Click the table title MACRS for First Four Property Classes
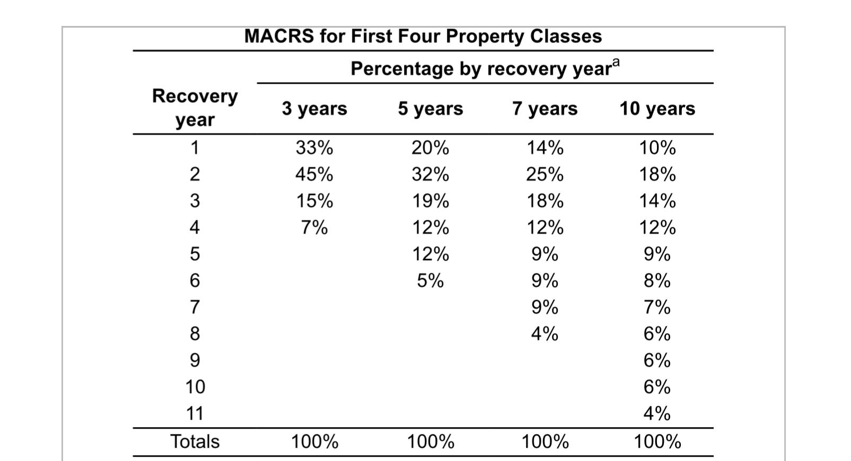pyautogui.click(x=423, y=36)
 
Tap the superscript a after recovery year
pyautogui.click(x=615, y=64)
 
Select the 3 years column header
pyautogui.click(x=314, y=109)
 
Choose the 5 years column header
pyautogui.click(x=430, y=109)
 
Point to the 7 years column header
pyautogui.click(x=545, y=109)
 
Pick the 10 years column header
pyautogui.click(x=657, y=109)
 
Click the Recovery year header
pyautogui.click(x=195, y=108)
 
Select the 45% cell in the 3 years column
pyautogui.click(x=314, y=174)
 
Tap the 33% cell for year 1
pyautogui.click(x=314, y=148)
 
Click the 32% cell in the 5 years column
pyautogui.click(x=430, y=174)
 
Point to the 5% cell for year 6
pyautogui.click(x=430, y=280)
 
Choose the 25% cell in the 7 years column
pyautogui.click(x=545, y=174)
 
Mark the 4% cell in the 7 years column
pyautogui.click(x=545, y=334)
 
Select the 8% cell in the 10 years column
pyautogui.click(x=657, y=280)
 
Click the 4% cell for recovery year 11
pyautogui.click(x=657, y=413)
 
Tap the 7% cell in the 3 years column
pyautogui.click(x=314, y=228)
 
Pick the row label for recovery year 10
pyautogui.click(x=195, y=387)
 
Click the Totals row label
pyautogui.click(x=195, y=441)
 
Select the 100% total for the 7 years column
pyautogui.click(x=545, y=441)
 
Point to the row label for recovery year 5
pyautogui.click(x=195, y=254)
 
